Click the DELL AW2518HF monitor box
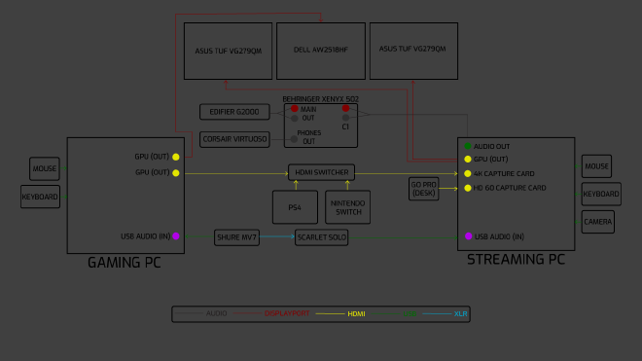321,51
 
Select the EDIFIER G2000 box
234,112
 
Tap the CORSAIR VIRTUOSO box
234,139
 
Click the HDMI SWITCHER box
321,172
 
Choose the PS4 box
294,207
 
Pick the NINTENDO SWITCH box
348,207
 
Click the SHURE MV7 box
237,236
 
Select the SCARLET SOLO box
321,236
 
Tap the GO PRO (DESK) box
423,188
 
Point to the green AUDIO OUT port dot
467,146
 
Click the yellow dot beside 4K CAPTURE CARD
467,173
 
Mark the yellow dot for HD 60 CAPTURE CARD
467,188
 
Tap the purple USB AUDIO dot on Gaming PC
176,236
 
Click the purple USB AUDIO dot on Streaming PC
467,236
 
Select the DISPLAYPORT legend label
287,314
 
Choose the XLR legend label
461,314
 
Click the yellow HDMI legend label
356,314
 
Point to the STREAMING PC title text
516,260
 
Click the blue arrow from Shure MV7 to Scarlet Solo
277,236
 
